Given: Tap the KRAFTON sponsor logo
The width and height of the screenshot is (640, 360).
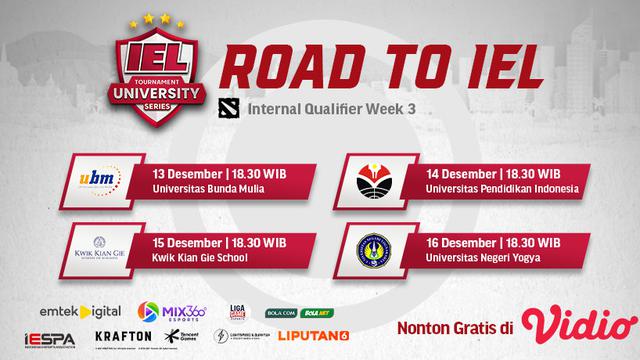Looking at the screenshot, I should click(x=125, y=336).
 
